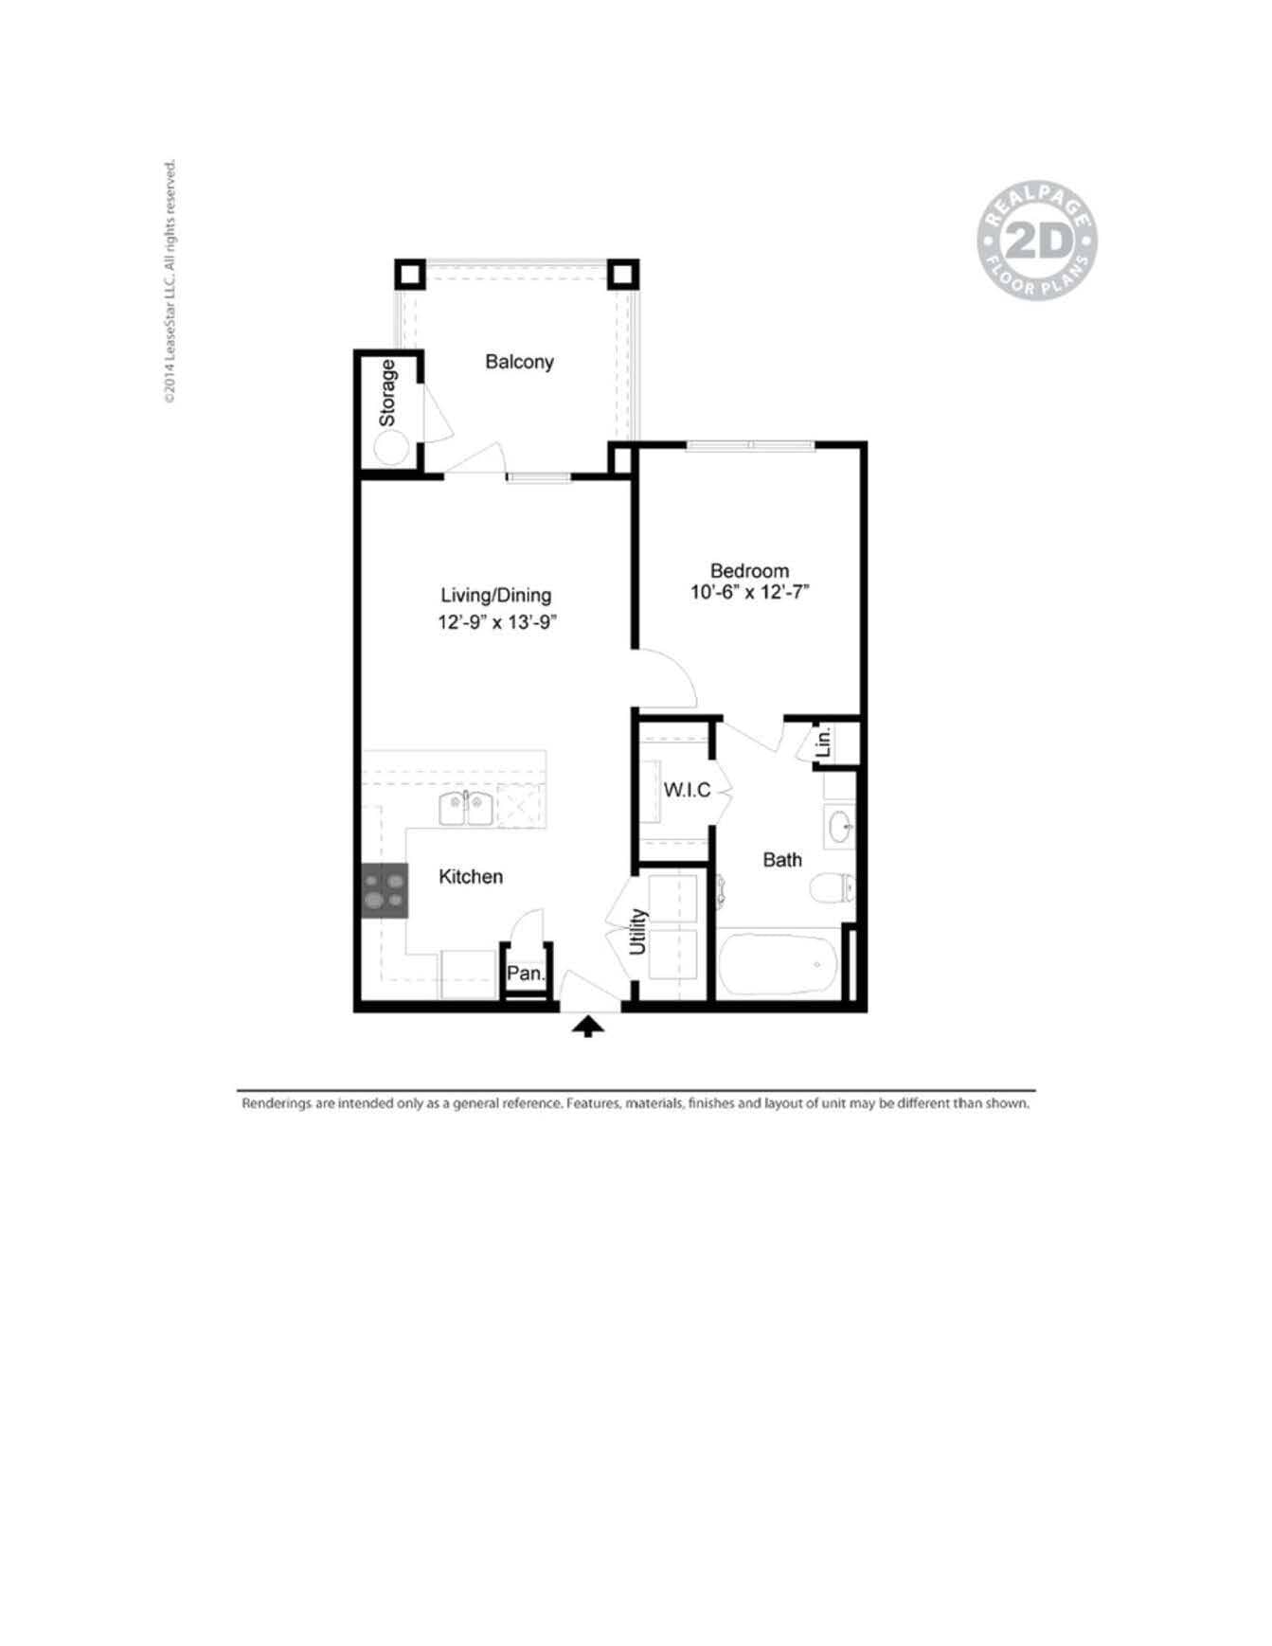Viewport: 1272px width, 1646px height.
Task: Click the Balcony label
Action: coord(519,362)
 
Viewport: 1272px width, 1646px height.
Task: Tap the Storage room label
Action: coord(387,393)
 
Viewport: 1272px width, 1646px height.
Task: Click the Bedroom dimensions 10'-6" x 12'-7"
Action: coord(749,594)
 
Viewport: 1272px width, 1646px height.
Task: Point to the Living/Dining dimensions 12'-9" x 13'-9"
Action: coord(495,622)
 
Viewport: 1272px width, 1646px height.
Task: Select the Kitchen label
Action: coord(470,877)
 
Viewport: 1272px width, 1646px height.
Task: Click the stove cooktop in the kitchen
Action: coord(385,890)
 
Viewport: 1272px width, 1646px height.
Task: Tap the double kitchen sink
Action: coord(466,810)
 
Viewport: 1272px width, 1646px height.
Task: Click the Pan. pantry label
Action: coord(525,974)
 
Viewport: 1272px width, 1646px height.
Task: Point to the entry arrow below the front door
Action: coord(588,1027)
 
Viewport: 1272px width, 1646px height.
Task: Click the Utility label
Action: coord(637,932)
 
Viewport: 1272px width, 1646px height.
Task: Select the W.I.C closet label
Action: coord(687,791)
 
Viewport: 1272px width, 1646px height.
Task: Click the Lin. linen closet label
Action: coord(823,742)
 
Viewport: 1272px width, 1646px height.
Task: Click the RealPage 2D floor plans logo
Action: coord(1036,242)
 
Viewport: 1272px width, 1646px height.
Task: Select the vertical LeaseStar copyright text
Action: coord(170,281)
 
